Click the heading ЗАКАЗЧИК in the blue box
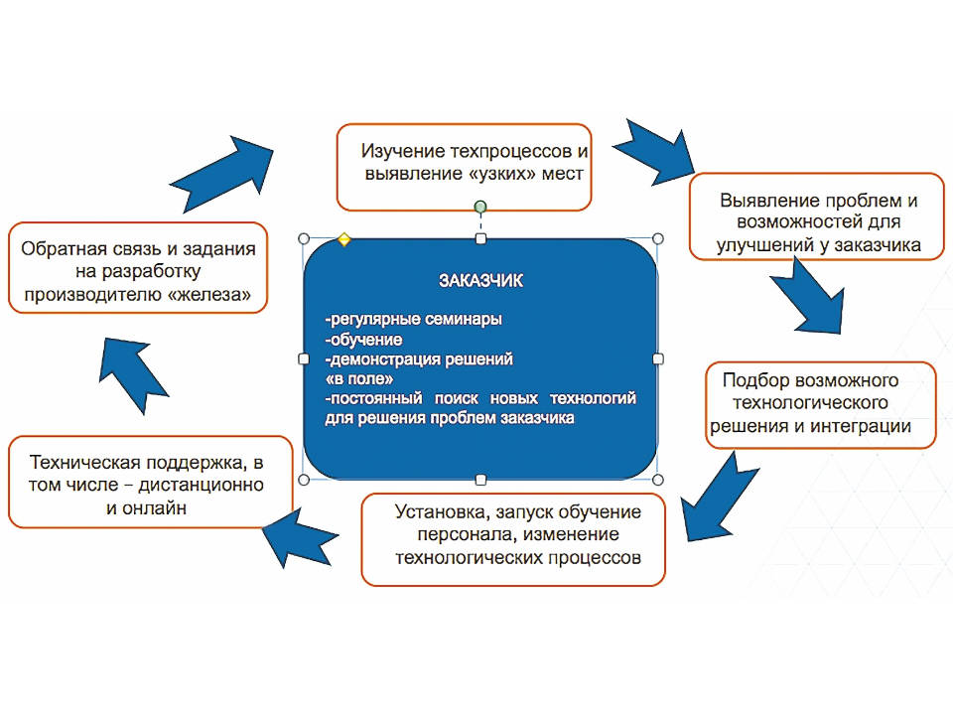coord(480,280)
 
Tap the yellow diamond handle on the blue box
coord(344,239)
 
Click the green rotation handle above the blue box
coord(480,208)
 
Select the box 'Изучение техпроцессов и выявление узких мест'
coord(464,167)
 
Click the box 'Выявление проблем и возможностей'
coord(817,216)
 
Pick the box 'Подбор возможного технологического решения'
coord(821,405)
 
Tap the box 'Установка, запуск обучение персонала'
coord(513,539)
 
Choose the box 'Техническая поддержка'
coord(151,482)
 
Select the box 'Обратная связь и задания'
coord(138,268)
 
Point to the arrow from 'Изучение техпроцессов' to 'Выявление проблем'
coord(655,153)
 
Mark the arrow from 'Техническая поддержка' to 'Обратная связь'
coord(132,374)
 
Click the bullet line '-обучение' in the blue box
coord(363,340)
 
